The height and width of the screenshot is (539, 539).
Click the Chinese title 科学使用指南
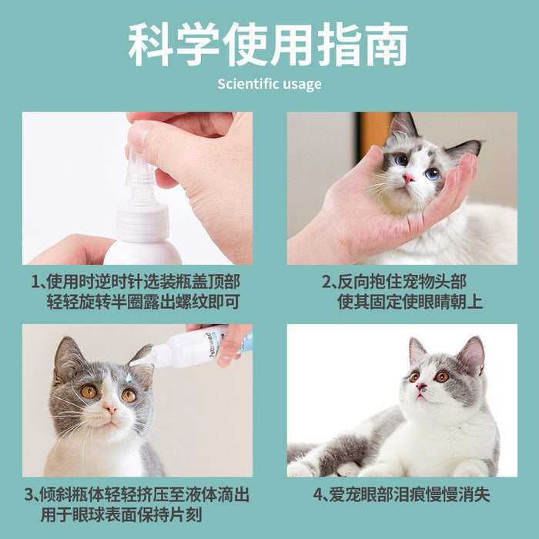point(269,45)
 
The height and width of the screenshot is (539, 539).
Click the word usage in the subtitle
point(304,84)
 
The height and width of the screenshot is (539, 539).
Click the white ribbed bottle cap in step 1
point(143,223)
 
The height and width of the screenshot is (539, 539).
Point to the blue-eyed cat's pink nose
point(408,178)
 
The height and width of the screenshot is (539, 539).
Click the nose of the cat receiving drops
point(109,408)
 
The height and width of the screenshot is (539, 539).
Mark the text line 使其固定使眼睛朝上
point(410,302)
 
